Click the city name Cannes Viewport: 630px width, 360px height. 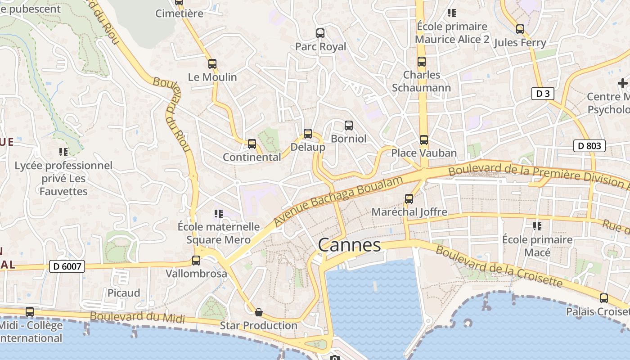[349, 245]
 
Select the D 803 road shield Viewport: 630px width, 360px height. [589, 146]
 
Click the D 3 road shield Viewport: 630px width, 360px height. [542, 94]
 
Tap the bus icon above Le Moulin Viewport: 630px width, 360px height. [212, 64]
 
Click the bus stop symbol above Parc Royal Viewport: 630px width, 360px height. [320, 33]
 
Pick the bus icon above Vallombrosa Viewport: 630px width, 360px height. [196, 260]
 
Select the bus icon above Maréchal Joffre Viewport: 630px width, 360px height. [409, 198]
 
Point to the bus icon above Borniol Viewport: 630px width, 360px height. [349, 125]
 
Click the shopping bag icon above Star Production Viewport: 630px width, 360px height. [259, 312]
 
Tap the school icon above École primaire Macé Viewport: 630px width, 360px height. [537, 226]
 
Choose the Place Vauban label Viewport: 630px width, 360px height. [424, 153]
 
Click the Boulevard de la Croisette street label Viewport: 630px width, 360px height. [499, 267]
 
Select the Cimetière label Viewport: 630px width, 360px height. [179, 13]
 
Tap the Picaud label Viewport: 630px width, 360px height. [124, 293]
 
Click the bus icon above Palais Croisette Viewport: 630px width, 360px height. [604, 298]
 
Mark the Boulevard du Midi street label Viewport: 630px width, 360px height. [137, 317]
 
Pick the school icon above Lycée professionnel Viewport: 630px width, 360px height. [63, 152]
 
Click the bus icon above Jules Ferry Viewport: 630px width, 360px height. [520, 29]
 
